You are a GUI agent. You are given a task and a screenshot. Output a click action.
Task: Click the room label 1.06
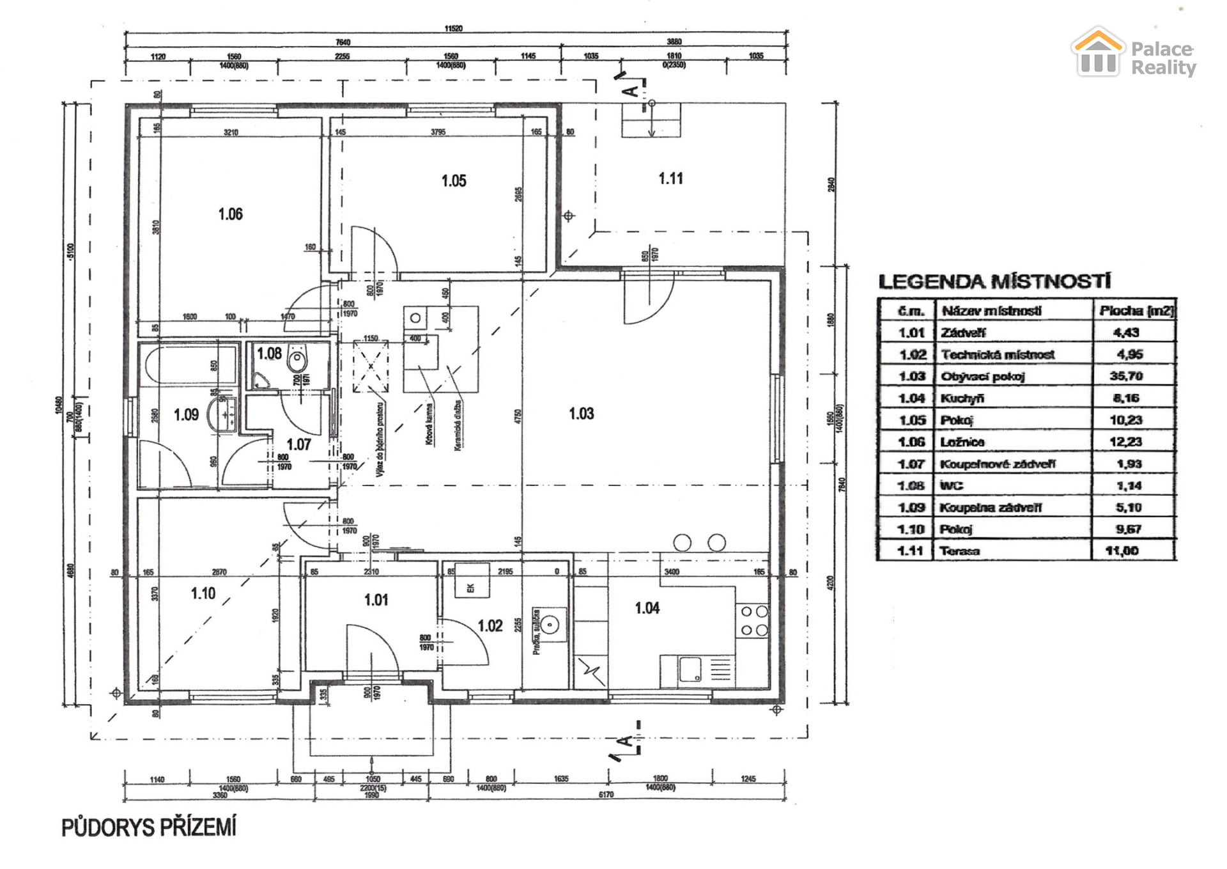[230, 214]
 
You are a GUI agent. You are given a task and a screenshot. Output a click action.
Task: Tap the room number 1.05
[454, 181]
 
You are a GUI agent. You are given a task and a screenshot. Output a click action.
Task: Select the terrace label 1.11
[670, 178]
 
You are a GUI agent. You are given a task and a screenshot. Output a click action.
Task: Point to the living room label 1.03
[581, 414]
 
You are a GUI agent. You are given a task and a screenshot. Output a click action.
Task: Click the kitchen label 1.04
[647, 608]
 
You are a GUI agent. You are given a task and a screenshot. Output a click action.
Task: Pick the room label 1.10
[203, 593]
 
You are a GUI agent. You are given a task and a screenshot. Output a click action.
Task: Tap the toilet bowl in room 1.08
[297, 361]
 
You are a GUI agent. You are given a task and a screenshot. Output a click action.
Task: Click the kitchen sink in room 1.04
[690, 669]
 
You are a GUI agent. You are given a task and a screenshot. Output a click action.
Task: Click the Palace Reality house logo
[1097, 52]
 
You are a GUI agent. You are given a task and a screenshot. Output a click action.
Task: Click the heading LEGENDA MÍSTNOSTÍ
[994, 281]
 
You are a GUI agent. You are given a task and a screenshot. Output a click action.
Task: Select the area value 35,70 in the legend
[1126, 376]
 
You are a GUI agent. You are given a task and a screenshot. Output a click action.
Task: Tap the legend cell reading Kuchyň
[962, 398]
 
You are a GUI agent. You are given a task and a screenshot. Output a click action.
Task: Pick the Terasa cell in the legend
[960, 551]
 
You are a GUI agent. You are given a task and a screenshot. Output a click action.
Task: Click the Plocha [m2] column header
[1136, 311]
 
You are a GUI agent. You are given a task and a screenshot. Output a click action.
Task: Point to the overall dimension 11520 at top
[453, 28]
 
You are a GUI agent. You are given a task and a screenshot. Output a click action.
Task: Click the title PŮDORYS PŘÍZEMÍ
[149, 827]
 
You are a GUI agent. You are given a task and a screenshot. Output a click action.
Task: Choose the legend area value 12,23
[1126, 442]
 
